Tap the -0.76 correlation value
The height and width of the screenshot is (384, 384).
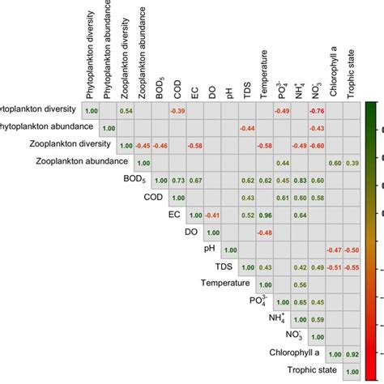pyautogui.click(x=317, y=110)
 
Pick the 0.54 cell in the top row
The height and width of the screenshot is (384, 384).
pyautogui.click(x=126, y=110)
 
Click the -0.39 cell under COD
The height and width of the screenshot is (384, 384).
pyautogui.click(x=177, y=110)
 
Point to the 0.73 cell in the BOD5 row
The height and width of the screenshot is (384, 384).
pyautogui.click(x=177, y=180)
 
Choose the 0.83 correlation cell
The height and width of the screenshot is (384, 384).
pyautogui.click(x=299, y=180)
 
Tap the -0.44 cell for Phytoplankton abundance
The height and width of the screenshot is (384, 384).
pyautogui.click(x=247, y=128)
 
